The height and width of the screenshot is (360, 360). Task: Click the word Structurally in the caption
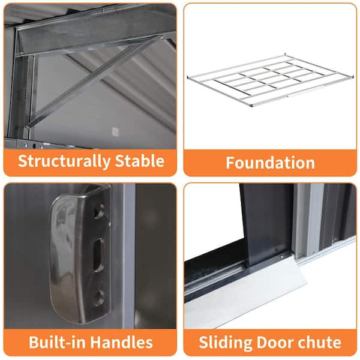pos(64,161)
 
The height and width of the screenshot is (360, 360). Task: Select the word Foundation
pos(270,163)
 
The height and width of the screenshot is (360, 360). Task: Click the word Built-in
pos(57,342)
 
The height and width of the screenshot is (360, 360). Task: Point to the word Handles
pos(121,342)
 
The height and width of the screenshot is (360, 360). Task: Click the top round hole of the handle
pos(99,211)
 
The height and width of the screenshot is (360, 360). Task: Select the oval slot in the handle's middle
pos(99,255)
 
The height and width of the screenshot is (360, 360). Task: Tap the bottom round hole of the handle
pos(100,298)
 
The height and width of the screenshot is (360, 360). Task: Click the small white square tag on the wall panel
pos(115,132)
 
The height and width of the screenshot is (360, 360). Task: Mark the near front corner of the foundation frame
pos(252,106)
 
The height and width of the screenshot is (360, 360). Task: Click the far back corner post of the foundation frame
pos(285,55)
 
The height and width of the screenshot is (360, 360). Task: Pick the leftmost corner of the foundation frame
pos(188,77)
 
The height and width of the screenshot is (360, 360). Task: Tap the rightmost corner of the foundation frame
pos(353,76)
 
